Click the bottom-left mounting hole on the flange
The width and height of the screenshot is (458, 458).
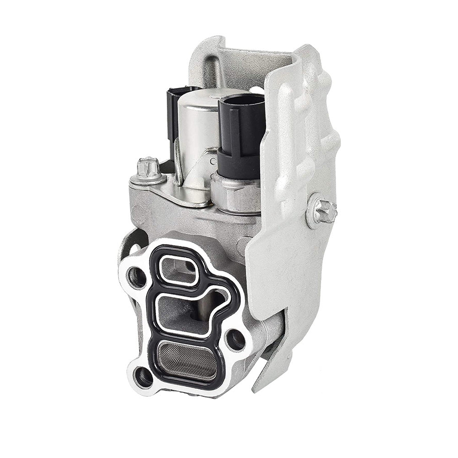143,376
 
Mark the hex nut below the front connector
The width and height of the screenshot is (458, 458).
234,192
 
